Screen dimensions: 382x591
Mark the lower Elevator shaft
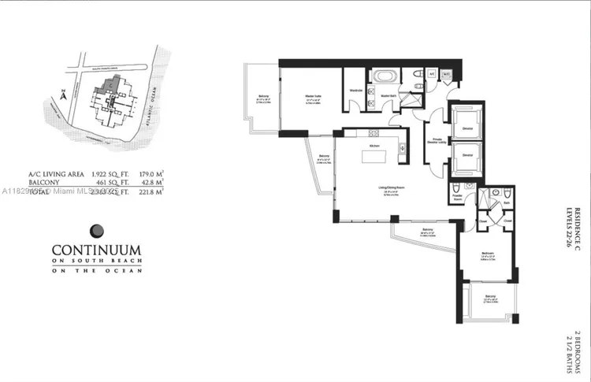(467, 156)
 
